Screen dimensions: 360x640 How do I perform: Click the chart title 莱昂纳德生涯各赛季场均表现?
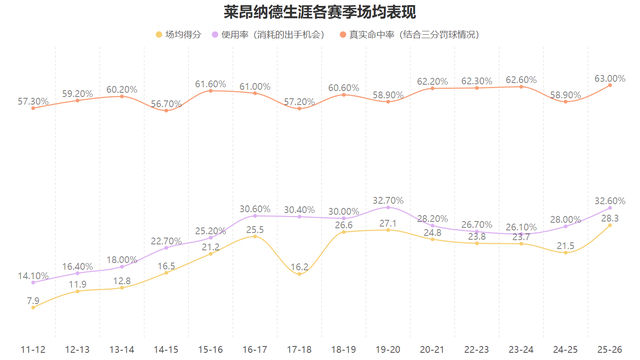319,12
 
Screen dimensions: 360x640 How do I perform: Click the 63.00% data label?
609,76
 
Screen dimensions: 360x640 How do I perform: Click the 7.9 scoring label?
33,299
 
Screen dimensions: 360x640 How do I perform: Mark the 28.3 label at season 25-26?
609,217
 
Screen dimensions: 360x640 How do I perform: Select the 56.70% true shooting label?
166,102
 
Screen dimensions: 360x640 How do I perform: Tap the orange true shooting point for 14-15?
166,110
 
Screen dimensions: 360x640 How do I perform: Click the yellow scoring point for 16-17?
255,236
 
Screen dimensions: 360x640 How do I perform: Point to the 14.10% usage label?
33,276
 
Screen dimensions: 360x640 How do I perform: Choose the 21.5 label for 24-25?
565,243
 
